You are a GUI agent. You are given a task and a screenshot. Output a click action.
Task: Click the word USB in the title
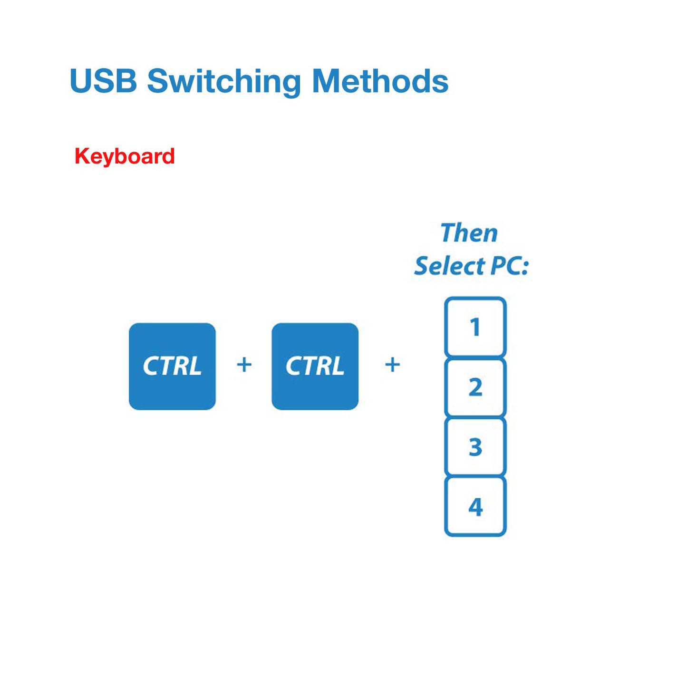point(103,81)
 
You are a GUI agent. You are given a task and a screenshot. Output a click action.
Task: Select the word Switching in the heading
point(224,82)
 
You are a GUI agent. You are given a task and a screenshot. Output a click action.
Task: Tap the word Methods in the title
point(380,81)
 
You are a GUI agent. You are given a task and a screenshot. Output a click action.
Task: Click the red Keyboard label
point(125,156)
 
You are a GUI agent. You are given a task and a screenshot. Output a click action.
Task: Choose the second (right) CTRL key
point(315,366)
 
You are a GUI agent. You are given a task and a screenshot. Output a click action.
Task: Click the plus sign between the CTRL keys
point(244,365)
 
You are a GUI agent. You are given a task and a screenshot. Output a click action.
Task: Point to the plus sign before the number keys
point(392,365)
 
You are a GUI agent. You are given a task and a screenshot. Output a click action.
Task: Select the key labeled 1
point(475,327)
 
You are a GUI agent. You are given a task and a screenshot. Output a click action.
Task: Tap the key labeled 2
point(475,387)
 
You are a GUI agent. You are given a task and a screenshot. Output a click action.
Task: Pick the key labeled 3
point(475,447)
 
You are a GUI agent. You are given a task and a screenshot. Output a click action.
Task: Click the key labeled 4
point(475,507)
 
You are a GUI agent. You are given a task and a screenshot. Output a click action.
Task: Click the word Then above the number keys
point(469,233)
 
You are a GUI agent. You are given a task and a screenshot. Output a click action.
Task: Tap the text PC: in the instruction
point(509,266)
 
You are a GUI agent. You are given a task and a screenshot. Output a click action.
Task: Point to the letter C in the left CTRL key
point(151,367)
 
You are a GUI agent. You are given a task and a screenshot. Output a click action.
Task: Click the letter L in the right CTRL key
point(337,367)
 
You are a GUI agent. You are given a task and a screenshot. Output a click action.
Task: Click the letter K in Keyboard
point(81,156)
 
